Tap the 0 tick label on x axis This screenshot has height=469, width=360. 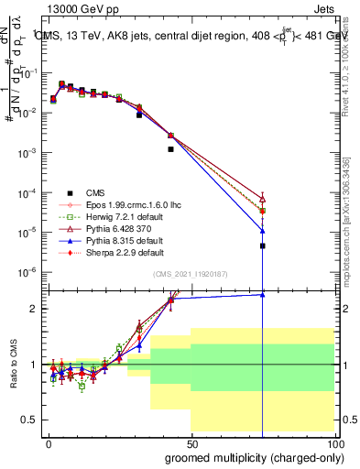pyautogui.click(x=48, y=442)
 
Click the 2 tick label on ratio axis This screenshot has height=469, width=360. pyautogui.click(x=36, y=309)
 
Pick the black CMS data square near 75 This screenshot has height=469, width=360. pyautogui.click(x=263, y=245)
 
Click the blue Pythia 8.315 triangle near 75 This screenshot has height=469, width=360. pyautogui.click(x=263, y=231)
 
